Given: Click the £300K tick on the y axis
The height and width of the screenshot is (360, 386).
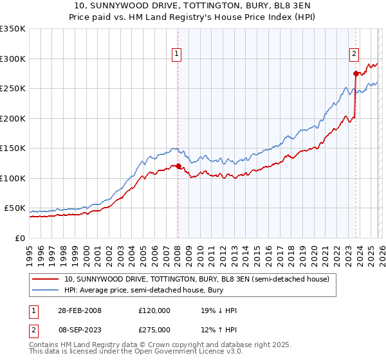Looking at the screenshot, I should pyautogui.click(x=13, y=59).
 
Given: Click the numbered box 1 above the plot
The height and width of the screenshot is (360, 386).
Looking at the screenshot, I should pyautogui.click(x=176, y=55).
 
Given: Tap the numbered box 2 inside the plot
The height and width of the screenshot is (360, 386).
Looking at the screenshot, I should pyautogui.click(x=354, y=55).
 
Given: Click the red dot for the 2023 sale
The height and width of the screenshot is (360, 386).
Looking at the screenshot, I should pyautogui.click(x=356, y=73).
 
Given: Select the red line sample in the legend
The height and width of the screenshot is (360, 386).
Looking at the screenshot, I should pyautogui.click(x=45, y=279).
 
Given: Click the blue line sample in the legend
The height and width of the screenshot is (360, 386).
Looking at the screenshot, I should pyautogui.click(x=45, y=289).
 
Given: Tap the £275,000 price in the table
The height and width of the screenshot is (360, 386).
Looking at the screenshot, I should pyautogui.click(x=154, y=328).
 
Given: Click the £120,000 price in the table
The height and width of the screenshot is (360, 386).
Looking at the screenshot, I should pyautogui.click(x=154, y=310).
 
